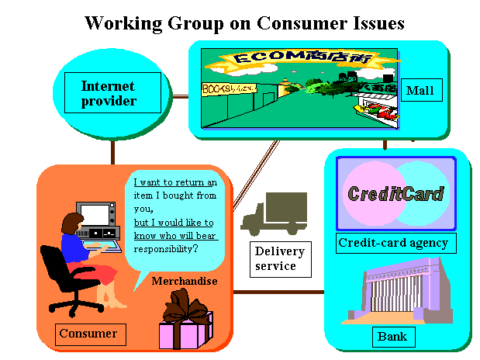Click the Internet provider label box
(109, 93)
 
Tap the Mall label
(420, 92)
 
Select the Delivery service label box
(280, 258)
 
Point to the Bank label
(392, 337)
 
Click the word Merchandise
(185, 281)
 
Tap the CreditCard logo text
(395, 193)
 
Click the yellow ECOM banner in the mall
(294, 60)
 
